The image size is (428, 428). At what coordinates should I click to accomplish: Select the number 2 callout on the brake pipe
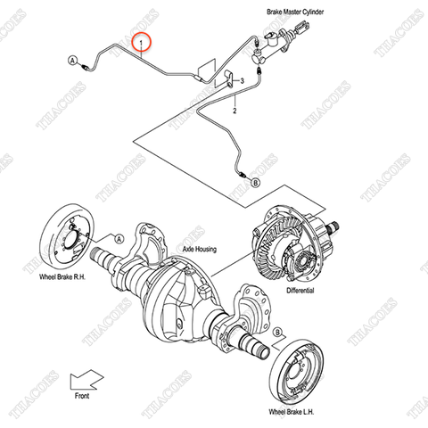[x=235, y=112]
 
